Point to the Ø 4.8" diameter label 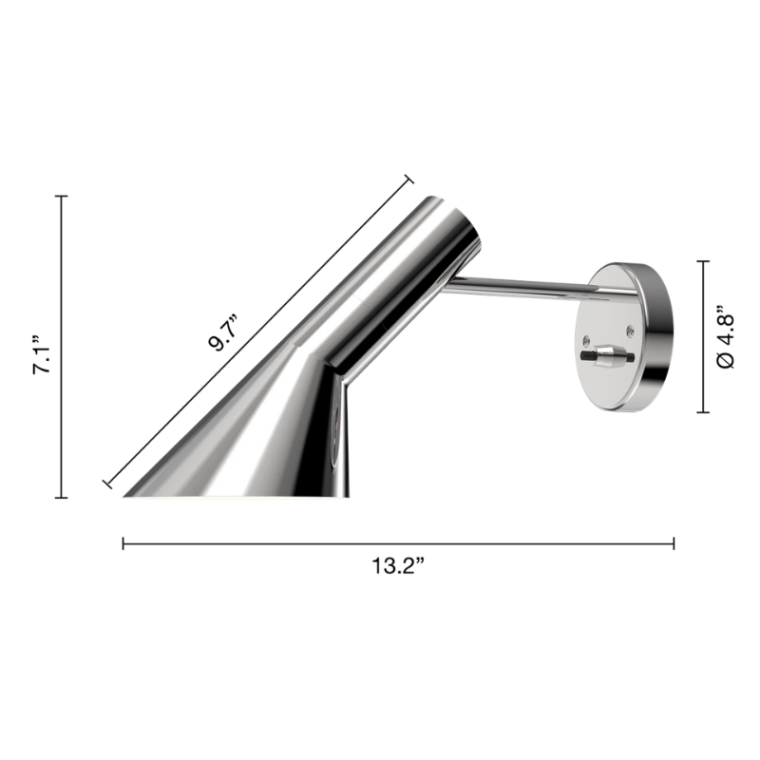pyautogui.click(x=727, y=336)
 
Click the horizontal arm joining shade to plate pyautogui.click(x=522, y=285)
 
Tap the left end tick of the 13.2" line pyautogui.click(x=123, y=543)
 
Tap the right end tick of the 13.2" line pyautogui.click(x=674, y=543)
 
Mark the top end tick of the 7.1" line pyautogui.click(x=62, y=196)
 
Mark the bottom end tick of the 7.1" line pyautogui.click(x=62, y=497)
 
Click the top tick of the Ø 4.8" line pyautogui.click(x=704, y=261)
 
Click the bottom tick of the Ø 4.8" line pyautogui.click(x=704, y=412)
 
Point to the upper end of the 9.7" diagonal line pyautogui.click(x=408, y=180)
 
